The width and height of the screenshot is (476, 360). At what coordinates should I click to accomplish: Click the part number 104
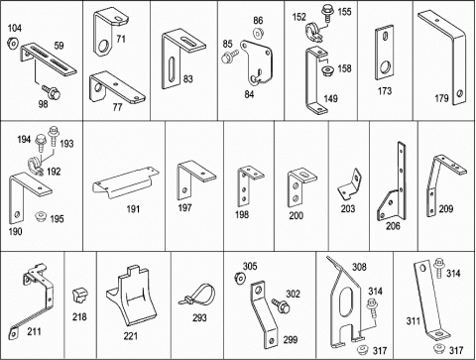(15, 28)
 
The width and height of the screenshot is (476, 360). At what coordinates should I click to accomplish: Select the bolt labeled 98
(52, 92)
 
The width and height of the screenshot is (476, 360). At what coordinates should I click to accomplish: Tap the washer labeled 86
(258, 33)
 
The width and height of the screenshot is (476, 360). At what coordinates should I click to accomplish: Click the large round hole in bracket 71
(105, 47)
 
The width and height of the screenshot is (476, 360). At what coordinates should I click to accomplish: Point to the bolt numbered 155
(327, 13)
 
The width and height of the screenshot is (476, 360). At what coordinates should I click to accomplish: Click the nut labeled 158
(327, 70)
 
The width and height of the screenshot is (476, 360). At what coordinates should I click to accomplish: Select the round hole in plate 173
(385, 67)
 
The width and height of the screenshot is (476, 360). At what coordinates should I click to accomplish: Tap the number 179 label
(441, 98)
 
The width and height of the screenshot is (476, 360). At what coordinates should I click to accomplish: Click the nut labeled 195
(41, 216)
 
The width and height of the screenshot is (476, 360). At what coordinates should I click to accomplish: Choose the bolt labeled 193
(53, 136)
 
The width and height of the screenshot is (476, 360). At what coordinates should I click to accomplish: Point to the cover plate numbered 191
(126, 182)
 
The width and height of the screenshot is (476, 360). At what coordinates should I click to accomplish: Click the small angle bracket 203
(350, 184)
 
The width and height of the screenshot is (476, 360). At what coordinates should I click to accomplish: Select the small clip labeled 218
(79, 296)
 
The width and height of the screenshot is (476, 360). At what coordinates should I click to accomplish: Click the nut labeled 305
(239, 278)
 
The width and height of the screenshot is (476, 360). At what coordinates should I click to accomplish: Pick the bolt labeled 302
(281, 305)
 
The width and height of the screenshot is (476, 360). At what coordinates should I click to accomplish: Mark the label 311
(414, 321)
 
